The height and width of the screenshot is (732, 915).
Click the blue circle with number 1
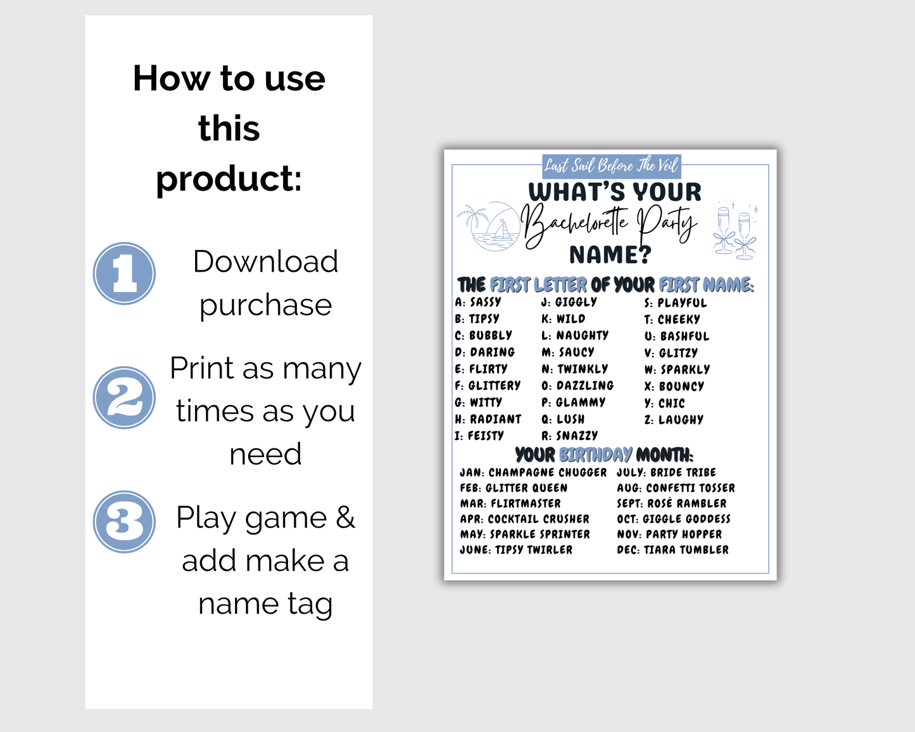pos(124,274)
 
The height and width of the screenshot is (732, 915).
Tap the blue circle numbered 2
pos(124,398)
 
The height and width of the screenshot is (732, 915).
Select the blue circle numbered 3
pos(124,522)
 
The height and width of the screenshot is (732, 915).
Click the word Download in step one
pos(265,261)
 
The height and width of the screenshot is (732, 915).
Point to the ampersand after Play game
pos(345,517)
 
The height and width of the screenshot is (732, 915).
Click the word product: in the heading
pos(229,179)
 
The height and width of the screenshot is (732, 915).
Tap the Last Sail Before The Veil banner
pos(612,166)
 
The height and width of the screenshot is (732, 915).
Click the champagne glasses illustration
pos(735,230)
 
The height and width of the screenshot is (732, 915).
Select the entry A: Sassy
pos(477,302)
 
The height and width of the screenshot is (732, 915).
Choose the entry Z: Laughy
pos(674,420)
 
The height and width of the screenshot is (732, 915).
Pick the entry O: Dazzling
pos(577,386)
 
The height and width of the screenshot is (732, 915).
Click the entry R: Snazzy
pos(569,436)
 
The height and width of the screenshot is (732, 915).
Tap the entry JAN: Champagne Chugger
pos(533,472)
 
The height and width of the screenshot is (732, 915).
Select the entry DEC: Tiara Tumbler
pos(672,550)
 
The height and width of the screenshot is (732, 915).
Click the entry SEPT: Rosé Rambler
pos(672,503)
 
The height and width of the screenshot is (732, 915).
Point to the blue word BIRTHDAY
pos(595,455)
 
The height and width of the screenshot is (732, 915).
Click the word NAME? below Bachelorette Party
pos(610,255)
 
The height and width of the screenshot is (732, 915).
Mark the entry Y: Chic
pos(665,403)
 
